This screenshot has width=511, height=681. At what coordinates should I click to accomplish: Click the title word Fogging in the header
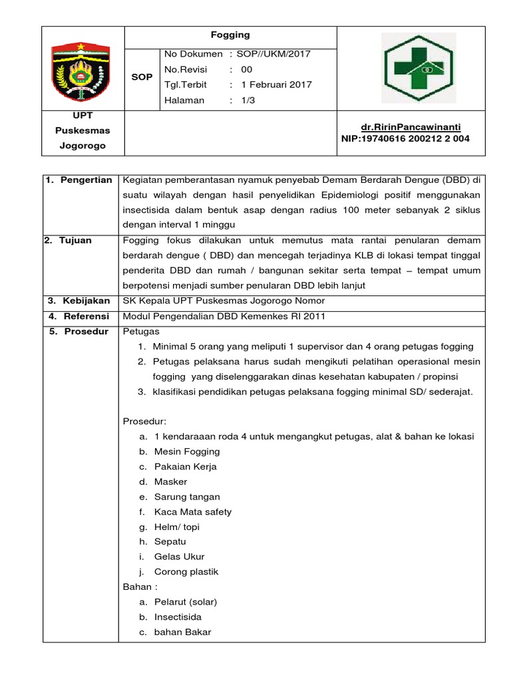click(231, 35)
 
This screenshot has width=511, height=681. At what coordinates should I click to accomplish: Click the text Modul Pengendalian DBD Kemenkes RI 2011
click(224, 317)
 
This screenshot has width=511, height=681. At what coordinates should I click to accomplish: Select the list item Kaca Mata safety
click(193, 512)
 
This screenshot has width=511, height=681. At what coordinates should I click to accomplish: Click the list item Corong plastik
click(186, 572)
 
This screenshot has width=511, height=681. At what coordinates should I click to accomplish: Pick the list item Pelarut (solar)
click(186, 602)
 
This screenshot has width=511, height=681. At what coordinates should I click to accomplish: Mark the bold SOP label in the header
click(142, 77)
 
